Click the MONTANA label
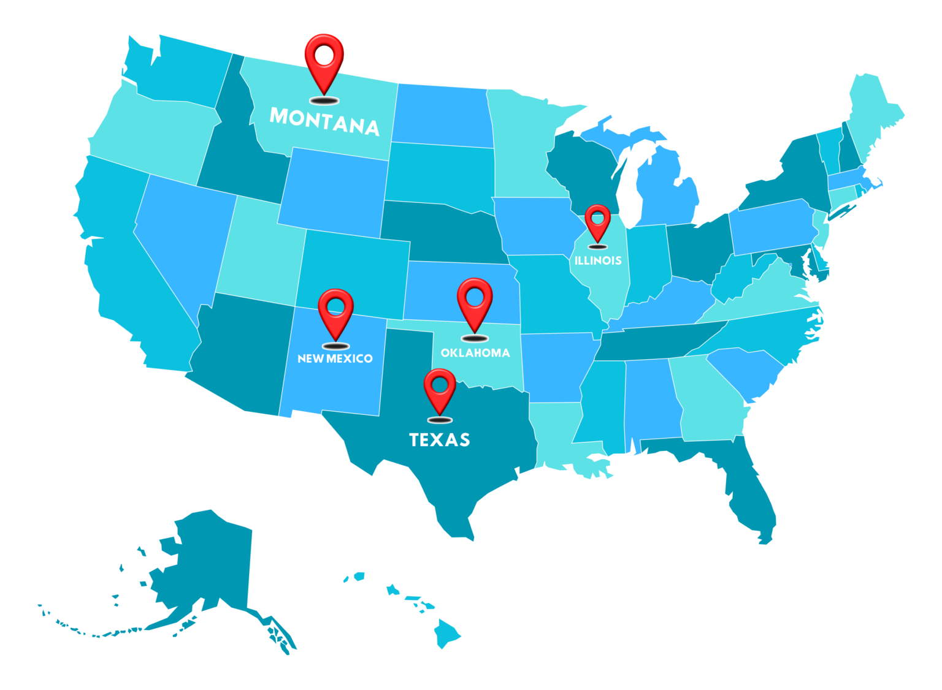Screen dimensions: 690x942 tap(324, 121)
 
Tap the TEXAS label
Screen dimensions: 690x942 tap(439, 439)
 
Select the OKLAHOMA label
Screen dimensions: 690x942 tap(475, 352)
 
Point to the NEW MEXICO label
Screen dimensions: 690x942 tap(335, 358)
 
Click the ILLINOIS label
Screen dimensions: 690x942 tap(598, 260)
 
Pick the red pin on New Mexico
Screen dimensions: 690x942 tap(335, 312)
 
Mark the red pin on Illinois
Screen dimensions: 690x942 tap(598, 222)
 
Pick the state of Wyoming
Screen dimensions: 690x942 tap(334, 190)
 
